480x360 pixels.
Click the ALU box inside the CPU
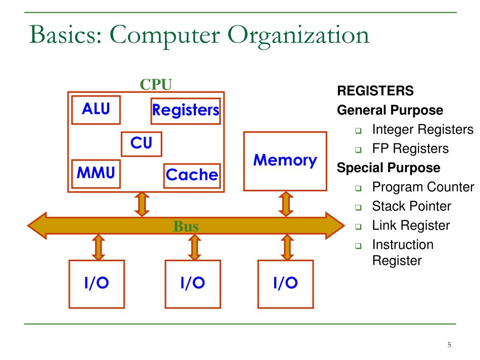(x=96, y=109)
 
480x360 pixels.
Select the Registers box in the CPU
(x=185, y=111)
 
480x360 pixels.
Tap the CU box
(x=141, y=143)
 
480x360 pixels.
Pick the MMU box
(x=96, y=173)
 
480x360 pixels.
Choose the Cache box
(x=192, y=175)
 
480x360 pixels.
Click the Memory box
(x=285, y=161)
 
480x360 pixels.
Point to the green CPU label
(x=156, y=84)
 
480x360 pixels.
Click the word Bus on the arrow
(x=186, y=227)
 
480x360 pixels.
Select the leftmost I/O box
(x=97, y=284)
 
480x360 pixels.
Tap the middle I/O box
(x=193, y=284)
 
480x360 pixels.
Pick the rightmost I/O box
(x=285, y=284)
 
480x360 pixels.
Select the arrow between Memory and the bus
(x=285, y=203)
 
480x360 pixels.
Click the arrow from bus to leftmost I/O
(x=98, y=247)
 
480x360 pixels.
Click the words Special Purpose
(x=389, y=168)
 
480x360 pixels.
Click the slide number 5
(x=449, y=345)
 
